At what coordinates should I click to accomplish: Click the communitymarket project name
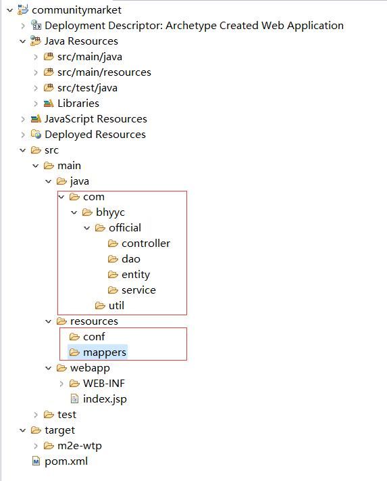[x=76, y=10]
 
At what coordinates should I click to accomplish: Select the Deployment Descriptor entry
[x=194, y=26]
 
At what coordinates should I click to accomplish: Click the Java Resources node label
[x=81, y=41]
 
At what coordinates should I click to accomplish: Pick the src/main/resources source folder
[x=104, y=72]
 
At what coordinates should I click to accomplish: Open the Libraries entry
[x=78, y=104]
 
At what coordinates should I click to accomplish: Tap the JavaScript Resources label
[x=95, y=119]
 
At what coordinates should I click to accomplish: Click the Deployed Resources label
[x=95, y=135]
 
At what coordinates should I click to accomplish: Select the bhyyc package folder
[x=110, y=212]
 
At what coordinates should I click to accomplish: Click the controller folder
[x=145, y=244]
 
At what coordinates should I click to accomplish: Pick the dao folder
[x=130, y=259]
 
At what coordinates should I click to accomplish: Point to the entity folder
[x=135, y=275]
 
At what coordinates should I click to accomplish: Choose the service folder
[x=138, y=290]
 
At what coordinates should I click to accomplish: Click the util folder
[x=116, y=306]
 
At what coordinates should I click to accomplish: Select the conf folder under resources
[x=94, y=337]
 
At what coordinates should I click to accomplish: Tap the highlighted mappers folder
[x=104, y=352]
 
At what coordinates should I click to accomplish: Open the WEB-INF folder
[x=103, y=384]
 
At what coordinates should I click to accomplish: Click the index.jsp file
[x=105, y=399]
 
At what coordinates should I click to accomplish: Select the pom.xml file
[x=66, y=461]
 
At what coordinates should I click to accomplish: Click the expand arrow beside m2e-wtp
[x=36, y=446]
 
